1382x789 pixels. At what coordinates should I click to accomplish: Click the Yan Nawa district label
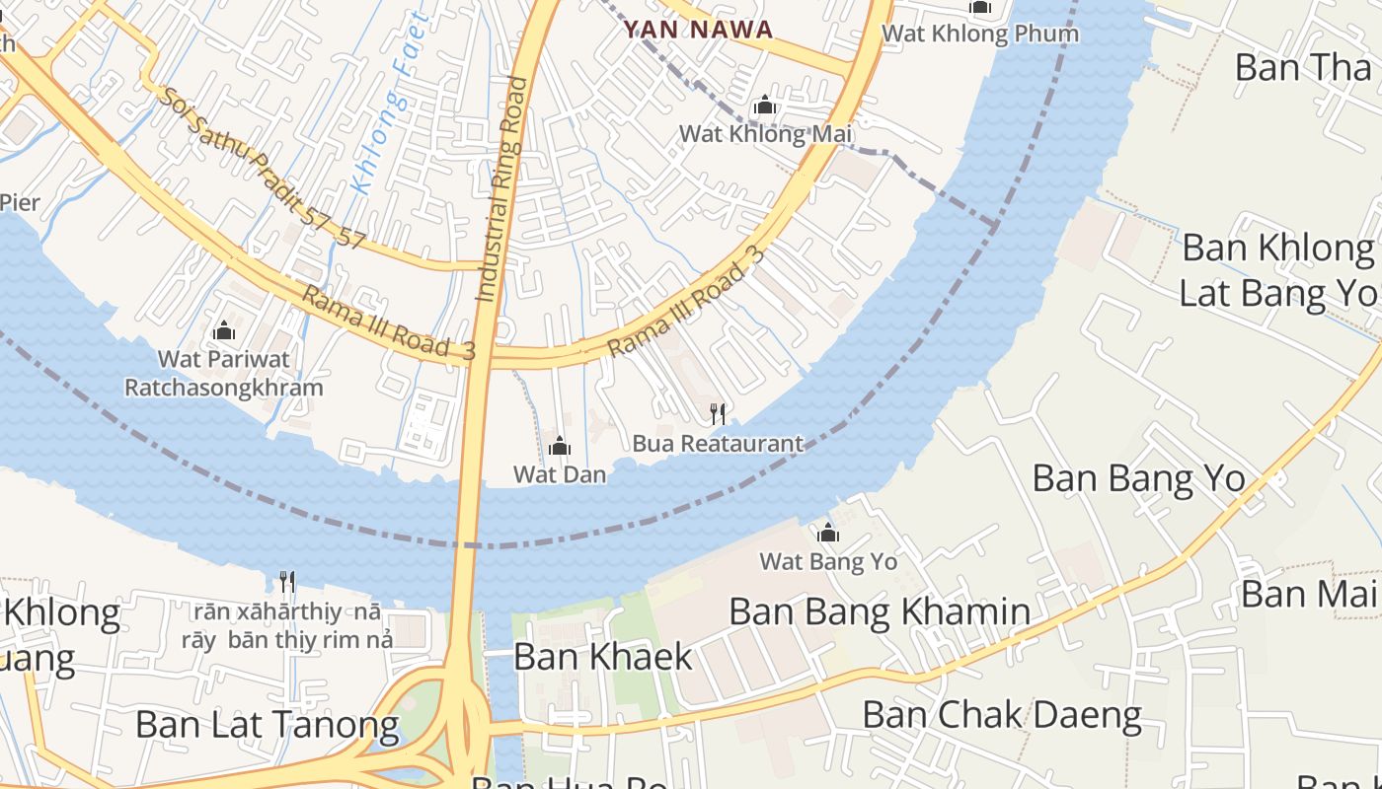point(698,30)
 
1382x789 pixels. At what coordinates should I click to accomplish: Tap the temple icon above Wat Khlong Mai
point(764,106)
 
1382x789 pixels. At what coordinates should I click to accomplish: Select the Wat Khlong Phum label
point(979,34)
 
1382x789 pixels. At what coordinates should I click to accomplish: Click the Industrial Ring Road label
point(502,187)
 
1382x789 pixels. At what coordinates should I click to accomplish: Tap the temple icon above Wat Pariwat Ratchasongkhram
point(224,329)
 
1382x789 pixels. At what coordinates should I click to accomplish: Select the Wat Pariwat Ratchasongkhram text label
point(224,373)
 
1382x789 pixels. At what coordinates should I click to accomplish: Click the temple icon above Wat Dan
point(560,446)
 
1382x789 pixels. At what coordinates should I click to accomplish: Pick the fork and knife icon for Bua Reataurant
point(718,413)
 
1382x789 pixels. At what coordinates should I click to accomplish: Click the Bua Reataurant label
point(718,444)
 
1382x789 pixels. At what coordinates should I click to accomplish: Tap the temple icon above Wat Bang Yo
point(828,534)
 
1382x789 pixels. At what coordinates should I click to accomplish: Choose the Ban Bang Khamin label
point(880,611)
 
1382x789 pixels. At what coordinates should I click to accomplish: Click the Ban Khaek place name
point(603,656)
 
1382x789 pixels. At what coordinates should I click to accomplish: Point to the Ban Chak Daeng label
point(1002,715)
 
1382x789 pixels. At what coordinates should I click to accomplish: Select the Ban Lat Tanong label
point(268,725)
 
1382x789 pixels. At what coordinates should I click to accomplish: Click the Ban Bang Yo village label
point(1138,478)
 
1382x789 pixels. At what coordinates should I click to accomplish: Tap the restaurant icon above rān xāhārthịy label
point(287,581)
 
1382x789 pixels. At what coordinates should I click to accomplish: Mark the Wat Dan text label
point(560,474)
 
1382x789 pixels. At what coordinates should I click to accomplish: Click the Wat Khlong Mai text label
point(765,134)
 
